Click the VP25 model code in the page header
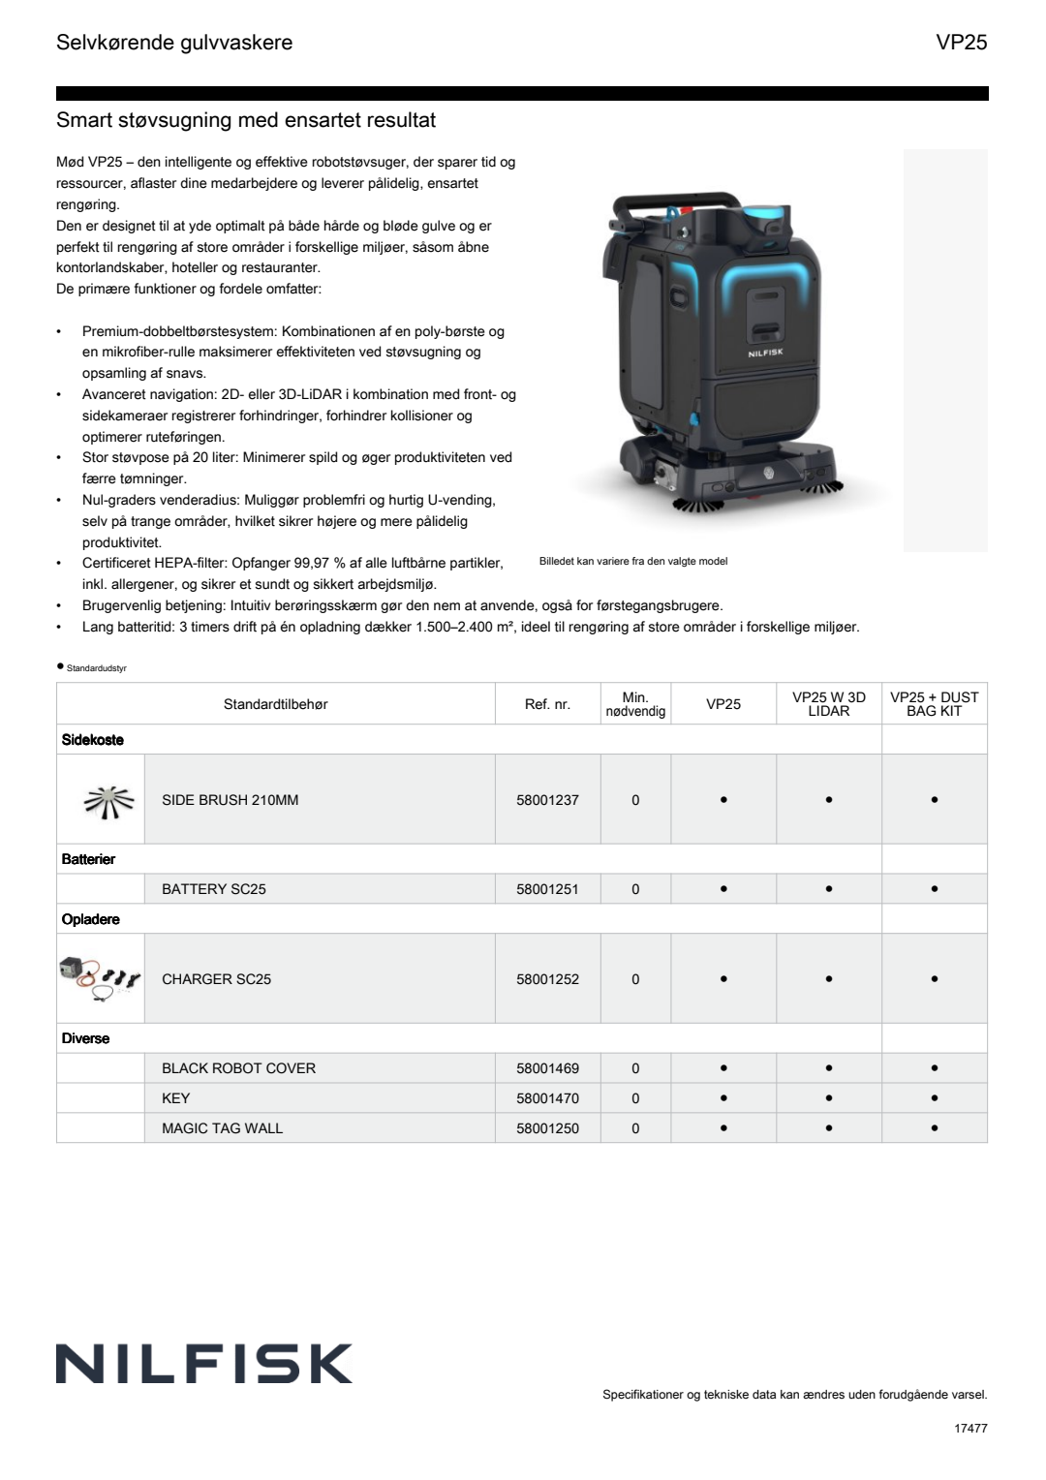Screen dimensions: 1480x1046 pyautogui.click(x=961, y=43)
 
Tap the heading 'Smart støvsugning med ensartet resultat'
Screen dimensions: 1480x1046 pyautogui.click(x=246, y=120)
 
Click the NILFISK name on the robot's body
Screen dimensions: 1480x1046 pyautogui.click(x=765, y=354)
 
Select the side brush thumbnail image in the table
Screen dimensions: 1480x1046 pyautogui.click(x=108, y=800)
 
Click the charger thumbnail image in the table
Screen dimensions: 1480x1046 pyautogui.click(x=101, y=976)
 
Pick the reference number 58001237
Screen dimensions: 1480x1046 pyautogui.click(x=547, y=800)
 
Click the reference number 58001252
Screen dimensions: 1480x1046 pyautogui.click(x=547, y=979)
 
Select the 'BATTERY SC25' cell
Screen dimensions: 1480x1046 pyautogui.click(x=214, y=889)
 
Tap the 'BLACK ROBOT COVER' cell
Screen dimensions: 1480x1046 pyautogui.click(x=238, y=1068)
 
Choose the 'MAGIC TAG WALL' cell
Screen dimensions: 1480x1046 pyautogui.click(x=222, y=1128)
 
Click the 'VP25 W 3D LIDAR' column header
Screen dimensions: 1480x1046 pyautogui.click(x=828, y=704)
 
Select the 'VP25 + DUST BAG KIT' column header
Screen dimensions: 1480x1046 pyautogui.click(x=934, y=704)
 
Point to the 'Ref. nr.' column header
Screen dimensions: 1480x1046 pyautogui.click(x=547, y=704)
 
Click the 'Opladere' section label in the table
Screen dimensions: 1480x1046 pyautogui.click(x=91, y=919)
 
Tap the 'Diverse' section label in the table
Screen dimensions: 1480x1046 pyautogui.click(x=85, y=1038)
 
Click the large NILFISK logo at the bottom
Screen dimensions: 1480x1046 pyautogui.click(x=204, y=1364)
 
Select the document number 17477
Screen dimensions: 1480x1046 pyautogui.click(x=970, y=1428)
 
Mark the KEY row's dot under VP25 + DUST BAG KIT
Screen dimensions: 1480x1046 pyautogui.click(x=934, y=1098)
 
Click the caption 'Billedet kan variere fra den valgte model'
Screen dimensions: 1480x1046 pyautogui.click(x=632, y=562)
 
